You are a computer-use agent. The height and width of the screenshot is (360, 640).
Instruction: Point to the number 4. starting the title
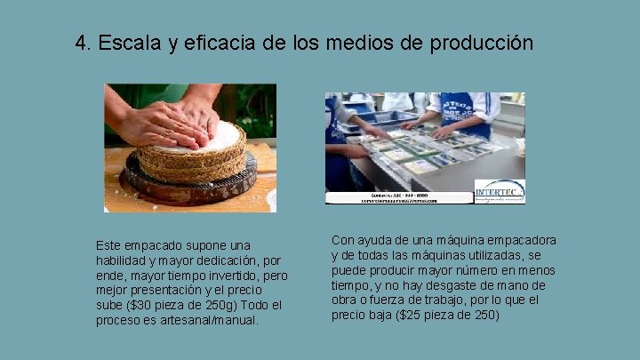click(x=84, y=43)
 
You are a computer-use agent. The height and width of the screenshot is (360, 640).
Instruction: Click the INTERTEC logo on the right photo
click(x=499, y=191)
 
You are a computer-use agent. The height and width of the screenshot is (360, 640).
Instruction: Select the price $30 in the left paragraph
click(x=145, y=305)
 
